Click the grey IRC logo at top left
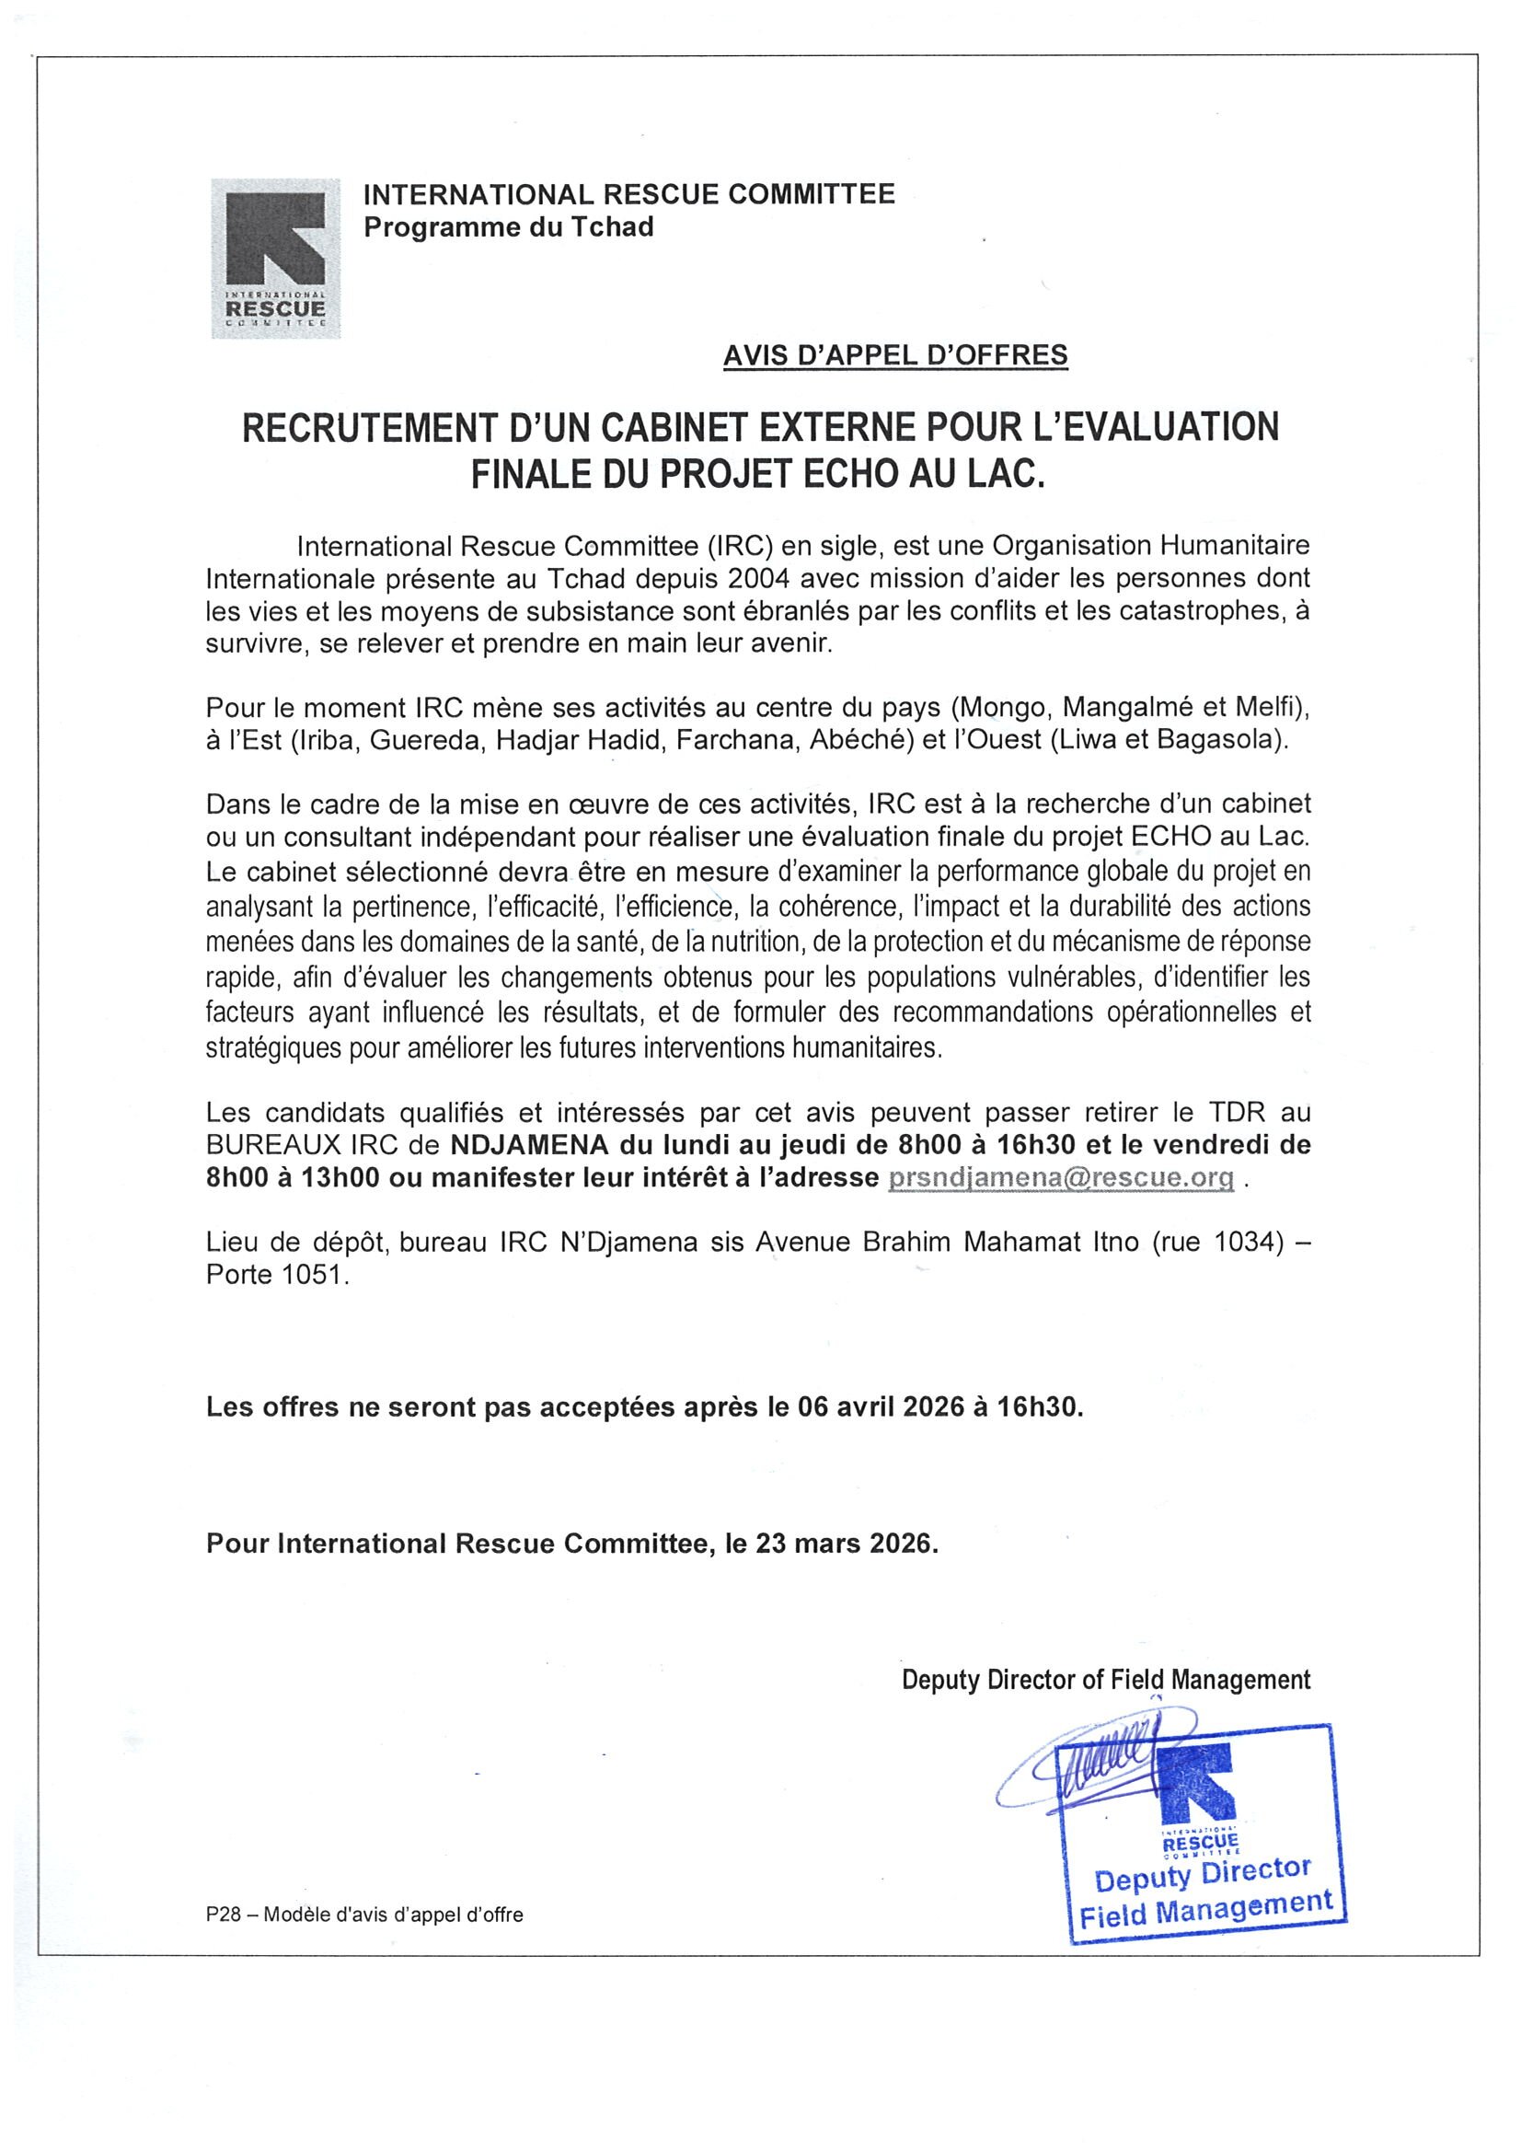[x=274, y=258]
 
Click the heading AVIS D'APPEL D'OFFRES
[x=895, y=355]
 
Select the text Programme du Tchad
[x=509, y=226]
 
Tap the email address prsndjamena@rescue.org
[x=1060, y=1178]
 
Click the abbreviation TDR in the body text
[x=1238, y=1113]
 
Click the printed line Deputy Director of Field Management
[x=1106, y=1680]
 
